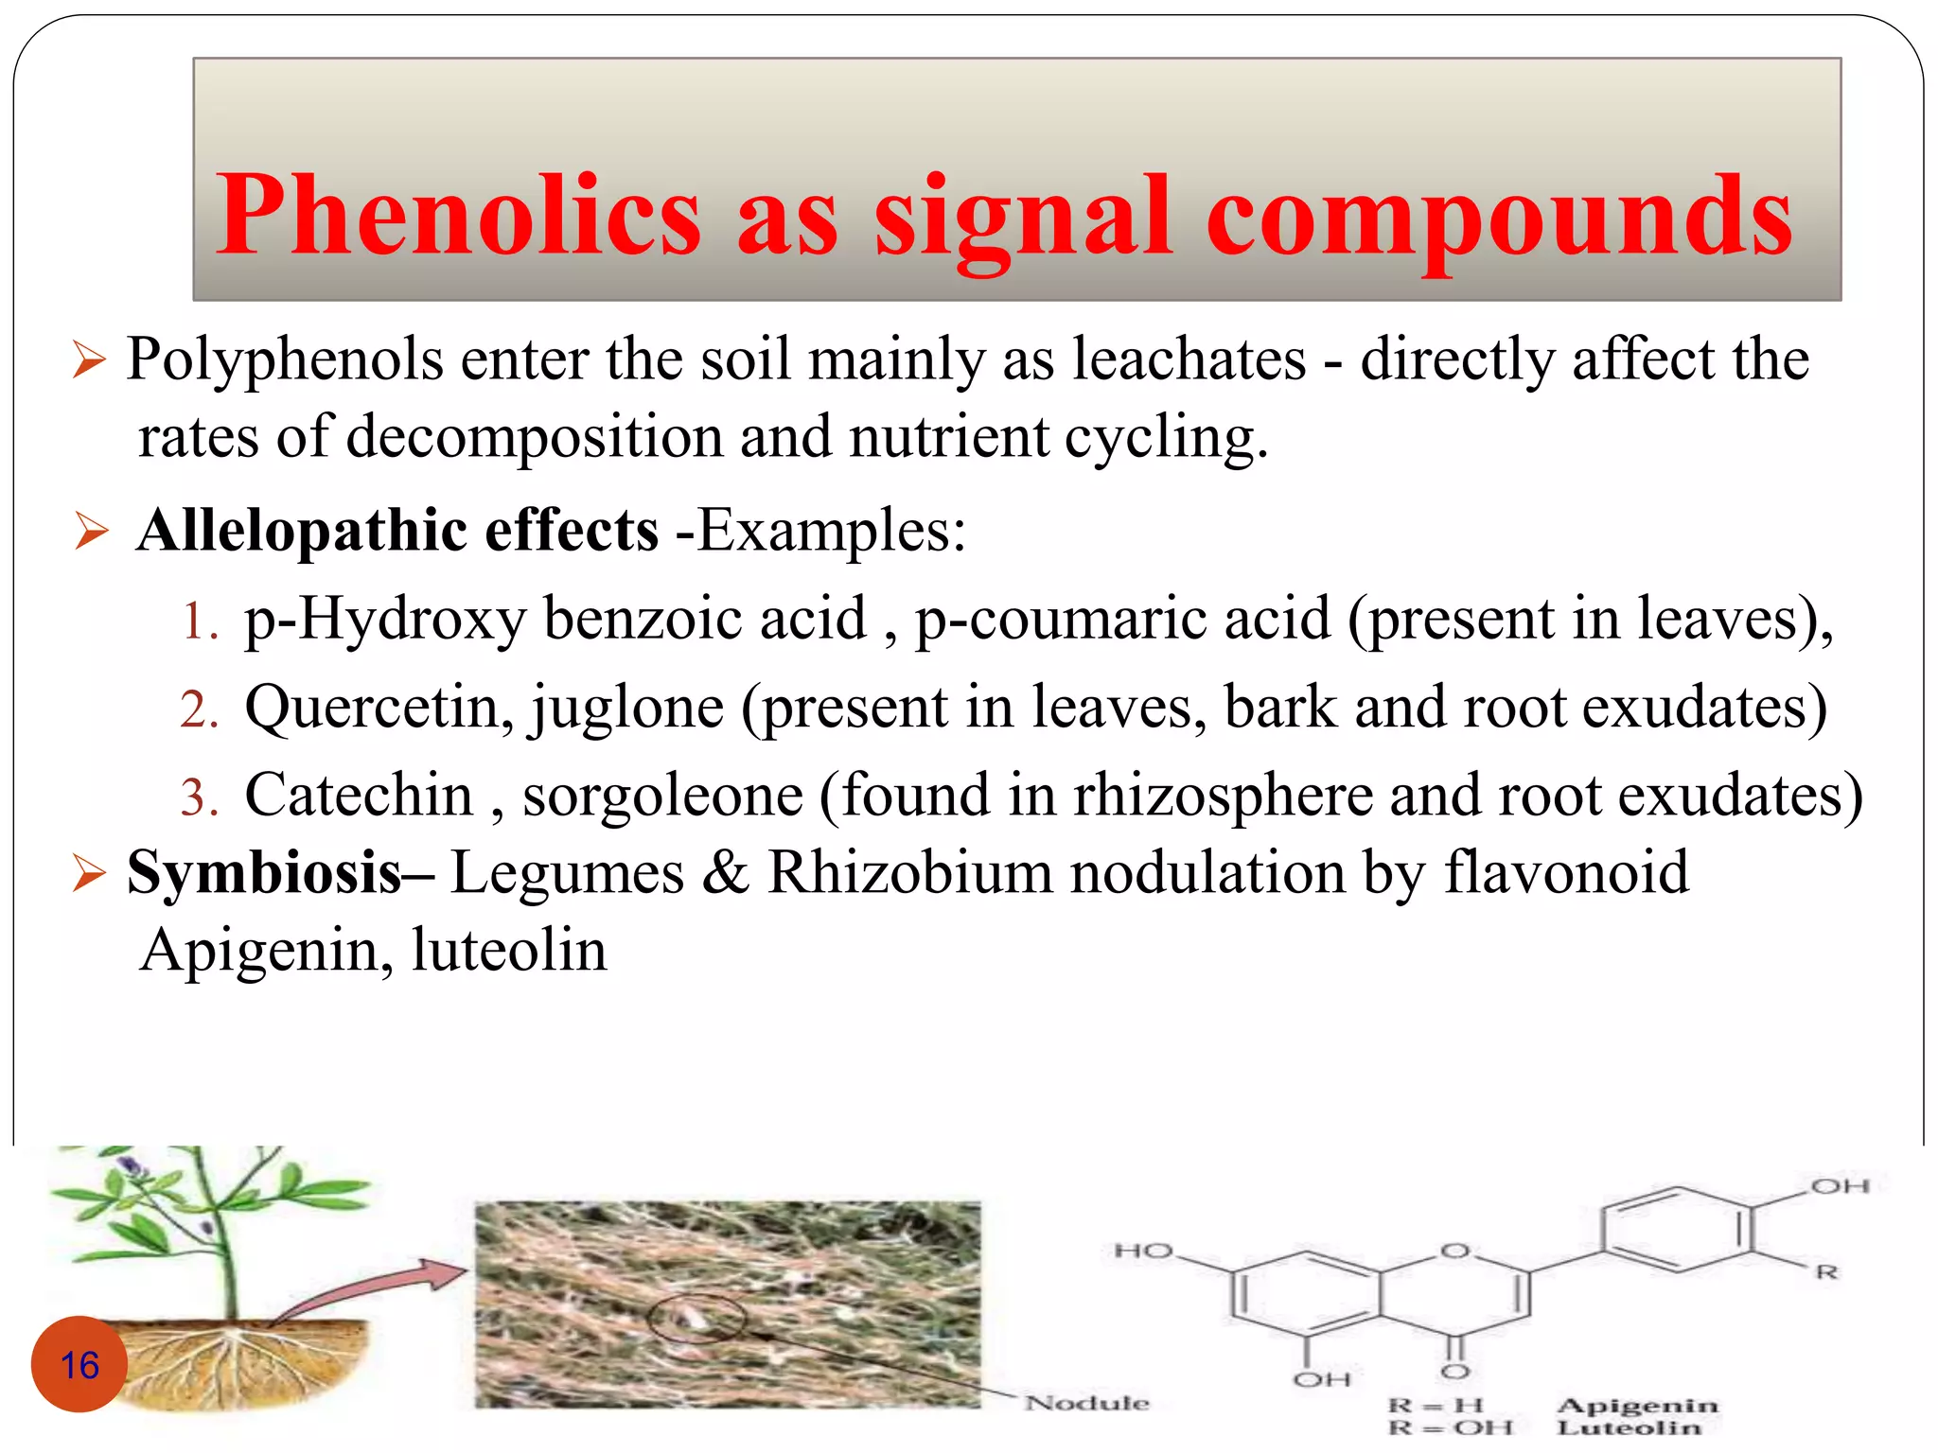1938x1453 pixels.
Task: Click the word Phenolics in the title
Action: [458, 216]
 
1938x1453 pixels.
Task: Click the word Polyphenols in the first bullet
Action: [285, 360]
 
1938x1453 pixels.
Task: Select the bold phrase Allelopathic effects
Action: [397, 530]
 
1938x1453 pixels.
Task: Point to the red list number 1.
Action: [199, 622]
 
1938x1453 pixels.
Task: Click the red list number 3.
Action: [199, 797]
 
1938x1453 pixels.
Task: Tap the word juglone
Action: [626, 708]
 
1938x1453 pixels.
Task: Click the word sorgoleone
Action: [662, 796]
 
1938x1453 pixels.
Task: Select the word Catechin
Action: [359, 796]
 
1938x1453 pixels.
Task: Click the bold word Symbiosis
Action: [265, 872]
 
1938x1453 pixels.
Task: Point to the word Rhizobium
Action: [908, 872]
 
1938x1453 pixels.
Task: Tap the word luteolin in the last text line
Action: [509, 950]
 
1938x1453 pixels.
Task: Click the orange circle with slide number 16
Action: [79, 1364]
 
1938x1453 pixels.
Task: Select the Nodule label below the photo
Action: [1086, 1402]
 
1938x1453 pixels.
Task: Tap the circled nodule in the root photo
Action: [696, 1317]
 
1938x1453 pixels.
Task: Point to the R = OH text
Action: [1450, 1427]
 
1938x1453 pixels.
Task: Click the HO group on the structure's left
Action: [1143, 1251]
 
